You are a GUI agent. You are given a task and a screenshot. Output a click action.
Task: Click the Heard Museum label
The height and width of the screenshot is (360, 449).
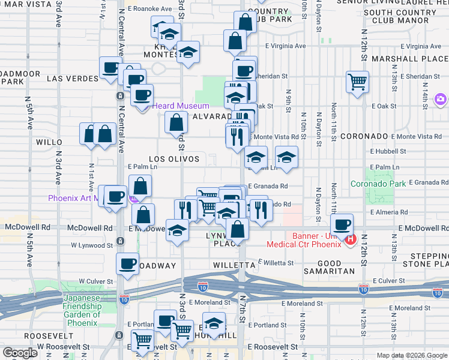pos(180,106)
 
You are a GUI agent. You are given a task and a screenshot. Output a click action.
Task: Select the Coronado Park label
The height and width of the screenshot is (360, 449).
pos(375,184)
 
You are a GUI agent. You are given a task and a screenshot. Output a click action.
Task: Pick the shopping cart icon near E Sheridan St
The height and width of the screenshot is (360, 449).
pos(357,80)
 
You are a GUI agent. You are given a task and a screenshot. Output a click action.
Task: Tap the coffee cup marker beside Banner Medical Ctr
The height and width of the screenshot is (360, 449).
pos(342,224)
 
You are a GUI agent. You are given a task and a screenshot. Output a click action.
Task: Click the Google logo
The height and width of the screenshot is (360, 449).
pos(20,353)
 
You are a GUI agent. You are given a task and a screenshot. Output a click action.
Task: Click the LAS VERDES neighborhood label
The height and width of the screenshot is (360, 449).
pos(72,79)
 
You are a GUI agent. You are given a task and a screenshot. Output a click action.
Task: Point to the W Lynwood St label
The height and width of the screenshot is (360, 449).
pos(92,245)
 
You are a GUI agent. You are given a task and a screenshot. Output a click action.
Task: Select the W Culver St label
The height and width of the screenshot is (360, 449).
pos(95,281)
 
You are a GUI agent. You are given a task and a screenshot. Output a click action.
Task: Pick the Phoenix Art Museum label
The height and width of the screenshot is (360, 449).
pos(74,198)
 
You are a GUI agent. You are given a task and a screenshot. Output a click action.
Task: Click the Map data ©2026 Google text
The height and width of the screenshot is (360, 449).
pos(411,355)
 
